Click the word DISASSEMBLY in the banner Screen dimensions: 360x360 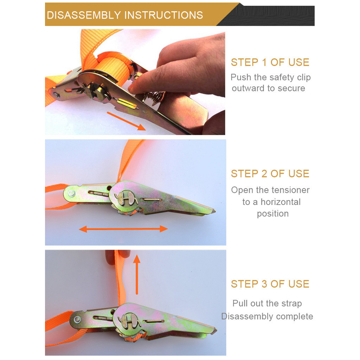(84, 15)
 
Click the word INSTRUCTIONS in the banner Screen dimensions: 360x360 (164, 15)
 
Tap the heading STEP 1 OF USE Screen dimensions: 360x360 (270, 62)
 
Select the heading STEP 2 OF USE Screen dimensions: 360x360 (270, 174)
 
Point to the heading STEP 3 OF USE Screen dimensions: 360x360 (270, 284)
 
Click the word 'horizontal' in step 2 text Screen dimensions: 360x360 (281, 202)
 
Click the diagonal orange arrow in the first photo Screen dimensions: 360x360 (126, 121)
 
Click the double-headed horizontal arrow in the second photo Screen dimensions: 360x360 (123, 229)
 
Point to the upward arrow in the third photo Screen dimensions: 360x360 (137, 274)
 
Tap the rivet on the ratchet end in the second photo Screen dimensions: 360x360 (71, 194)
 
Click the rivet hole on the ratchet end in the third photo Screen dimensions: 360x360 (77, 319)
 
